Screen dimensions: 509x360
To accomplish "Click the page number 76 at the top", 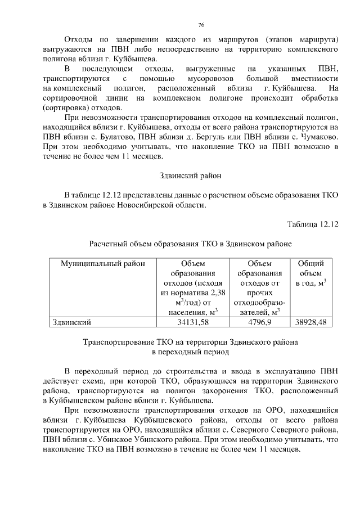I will (201, 25).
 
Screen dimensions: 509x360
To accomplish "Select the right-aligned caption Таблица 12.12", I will (312, 224).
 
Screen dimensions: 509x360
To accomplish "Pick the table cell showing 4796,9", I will (259, 322).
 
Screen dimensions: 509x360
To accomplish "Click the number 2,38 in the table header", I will (215, 292).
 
